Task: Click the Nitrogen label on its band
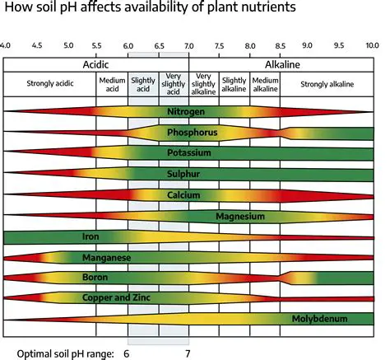click(188, 111)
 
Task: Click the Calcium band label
click(188, 194)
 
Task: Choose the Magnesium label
click(239, 216)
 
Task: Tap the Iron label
click(91, 236)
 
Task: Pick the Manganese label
click(105, 257)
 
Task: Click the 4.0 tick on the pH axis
click(6, 46)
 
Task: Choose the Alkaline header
click(281, 63)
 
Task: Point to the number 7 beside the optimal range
click(189, 353)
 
